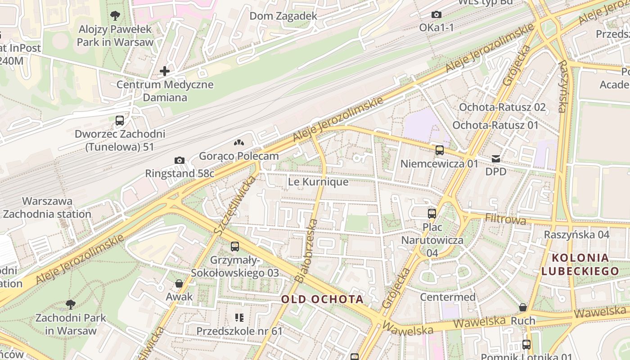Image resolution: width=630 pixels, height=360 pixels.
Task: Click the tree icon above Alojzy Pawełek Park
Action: coord(115,16)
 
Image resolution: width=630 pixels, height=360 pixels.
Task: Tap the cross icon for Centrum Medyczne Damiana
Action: coord(165,71)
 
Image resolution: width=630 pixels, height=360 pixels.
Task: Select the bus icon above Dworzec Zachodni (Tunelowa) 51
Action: coord(120,121)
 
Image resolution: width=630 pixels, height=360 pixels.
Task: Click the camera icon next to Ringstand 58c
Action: coord(179,160)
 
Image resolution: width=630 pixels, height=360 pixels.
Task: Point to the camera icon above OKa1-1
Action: coord(436,14)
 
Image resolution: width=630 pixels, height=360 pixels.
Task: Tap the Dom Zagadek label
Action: coord(283,16)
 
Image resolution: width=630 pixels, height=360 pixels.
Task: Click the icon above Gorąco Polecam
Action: coord(238,143)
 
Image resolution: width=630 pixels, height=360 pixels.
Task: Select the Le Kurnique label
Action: coord(318,182)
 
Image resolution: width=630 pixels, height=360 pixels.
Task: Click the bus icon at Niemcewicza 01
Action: coord(439,150)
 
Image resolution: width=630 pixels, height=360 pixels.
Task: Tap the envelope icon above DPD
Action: coord(495,158)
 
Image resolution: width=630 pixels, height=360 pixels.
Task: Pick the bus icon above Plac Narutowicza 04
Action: coord(432,213)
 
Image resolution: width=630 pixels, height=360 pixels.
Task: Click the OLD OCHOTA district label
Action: coord(322,299)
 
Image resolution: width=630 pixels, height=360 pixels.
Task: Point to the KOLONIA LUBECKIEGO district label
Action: coord(580,265)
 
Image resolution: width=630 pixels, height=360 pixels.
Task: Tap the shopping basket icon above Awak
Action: coord(179,283)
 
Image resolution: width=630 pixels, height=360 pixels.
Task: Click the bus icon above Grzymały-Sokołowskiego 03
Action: coord(234,247)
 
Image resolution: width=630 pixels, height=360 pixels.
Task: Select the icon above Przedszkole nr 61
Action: coord(239,318)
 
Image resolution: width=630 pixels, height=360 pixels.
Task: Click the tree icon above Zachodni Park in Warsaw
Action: coord(71,305)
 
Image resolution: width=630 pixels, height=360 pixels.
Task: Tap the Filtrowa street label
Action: coord(505,220)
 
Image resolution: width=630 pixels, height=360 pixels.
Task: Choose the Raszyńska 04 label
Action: coord(576,234)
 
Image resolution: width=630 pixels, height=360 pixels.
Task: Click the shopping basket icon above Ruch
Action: coord(522,307)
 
